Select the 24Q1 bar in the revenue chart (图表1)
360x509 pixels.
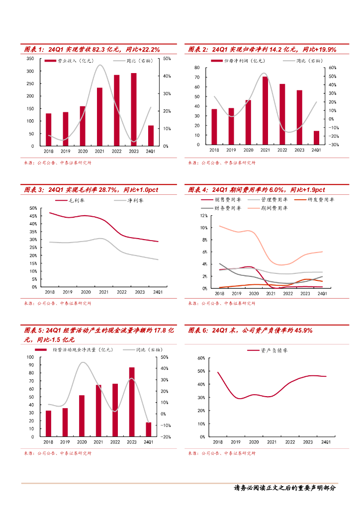pyautogui.click(x=151, y=136)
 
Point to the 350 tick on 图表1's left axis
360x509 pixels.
pyautogui.click(x=30, y=59)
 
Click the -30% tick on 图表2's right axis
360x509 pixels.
pyautogui.click(x=334, y=145)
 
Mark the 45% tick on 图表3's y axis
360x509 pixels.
pyautogui.click(x=33, y=216)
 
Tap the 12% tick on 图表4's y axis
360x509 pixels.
pyautogui.click(x=203, y=216)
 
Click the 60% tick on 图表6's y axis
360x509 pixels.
pyautogui.click(x=201, y=358)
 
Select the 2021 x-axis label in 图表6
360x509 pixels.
pyautogui.click(x=271, y=441)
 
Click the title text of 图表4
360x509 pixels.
pyautogui.click(x=256, y=190)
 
